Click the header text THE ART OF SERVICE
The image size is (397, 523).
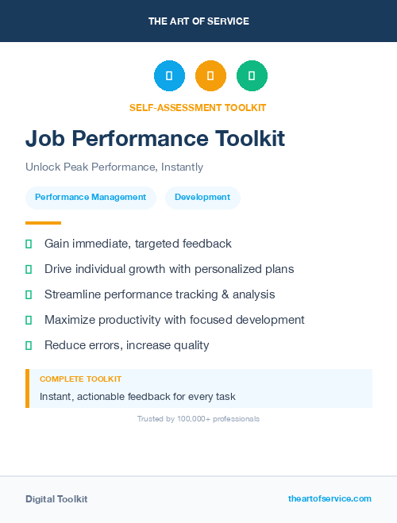[x=198, y=21]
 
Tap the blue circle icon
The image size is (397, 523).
[x=169, y=76]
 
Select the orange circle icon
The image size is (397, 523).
[x=210, y=76]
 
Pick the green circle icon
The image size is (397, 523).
[x=252, y=76]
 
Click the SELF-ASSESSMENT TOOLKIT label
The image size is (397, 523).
[x=198, y=107]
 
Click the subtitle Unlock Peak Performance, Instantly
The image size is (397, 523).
[x=114, y=167]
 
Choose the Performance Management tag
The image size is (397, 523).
[x=91, y=198]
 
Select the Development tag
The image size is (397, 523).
[x=202, y=198]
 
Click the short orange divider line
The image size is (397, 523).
[x=43, y=223]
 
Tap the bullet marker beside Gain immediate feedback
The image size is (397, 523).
[x=29, y=244]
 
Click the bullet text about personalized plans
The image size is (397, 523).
[x=169, y=269]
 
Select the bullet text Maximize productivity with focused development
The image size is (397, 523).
[x=175, y=320]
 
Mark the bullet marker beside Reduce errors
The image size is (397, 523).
[x=29, y=345]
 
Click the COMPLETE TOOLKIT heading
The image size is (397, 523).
[x=80, y=379]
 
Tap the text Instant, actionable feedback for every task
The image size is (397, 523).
[x=137, y=396]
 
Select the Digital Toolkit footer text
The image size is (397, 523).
[x=56, y=499]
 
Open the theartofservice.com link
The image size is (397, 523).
[x=330, y=498]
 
